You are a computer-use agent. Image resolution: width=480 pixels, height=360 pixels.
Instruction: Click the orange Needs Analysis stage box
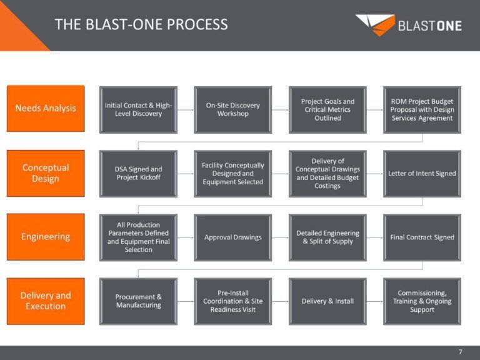(x=46, y=109)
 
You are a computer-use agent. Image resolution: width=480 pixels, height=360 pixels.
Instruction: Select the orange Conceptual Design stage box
(x=46, y=173)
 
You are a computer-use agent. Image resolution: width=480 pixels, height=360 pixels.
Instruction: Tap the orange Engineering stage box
(x=46, y=237)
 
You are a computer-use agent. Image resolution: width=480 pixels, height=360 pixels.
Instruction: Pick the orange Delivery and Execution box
(x=46, y=301)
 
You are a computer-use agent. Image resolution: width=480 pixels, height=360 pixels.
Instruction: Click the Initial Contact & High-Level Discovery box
(x=138, y=109)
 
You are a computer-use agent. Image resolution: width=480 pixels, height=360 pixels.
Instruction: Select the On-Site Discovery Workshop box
(x=232, y=109)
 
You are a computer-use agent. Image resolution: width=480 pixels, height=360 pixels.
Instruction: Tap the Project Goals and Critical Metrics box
(x=327, y=109)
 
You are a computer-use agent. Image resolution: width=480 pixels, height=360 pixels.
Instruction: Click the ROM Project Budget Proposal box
(x=422, y=109)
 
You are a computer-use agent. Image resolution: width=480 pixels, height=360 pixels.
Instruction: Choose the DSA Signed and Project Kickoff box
(x=138, y=173)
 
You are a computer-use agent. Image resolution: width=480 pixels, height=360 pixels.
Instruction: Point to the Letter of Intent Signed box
(x=422, y=173)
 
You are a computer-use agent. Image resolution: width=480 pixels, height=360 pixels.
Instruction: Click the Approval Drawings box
(x=232, y=237)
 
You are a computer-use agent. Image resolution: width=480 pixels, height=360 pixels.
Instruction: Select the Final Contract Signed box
(x=422, y=237)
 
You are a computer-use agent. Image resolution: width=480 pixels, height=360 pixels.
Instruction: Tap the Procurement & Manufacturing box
(x=138, y=301)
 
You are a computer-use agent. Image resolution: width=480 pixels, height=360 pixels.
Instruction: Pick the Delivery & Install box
(x=327, y=301)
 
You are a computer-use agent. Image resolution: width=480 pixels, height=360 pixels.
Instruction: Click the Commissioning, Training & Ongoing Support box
(x=422, y=301)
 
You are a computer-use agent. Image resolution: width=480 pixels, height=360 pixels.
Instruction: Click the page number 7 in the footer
(x=460, y=352)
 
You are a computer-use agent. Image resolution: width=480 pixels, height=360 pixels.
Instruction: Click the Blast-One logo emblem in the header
(x=375, y=25)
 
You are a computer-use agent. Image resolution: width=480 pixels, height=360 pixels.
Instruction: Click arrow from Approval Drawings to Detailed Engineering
(x=280, y=237)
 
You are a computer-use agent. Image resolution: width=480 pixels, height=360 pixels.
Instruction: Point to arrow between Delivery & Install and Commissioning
(x=375, y=301)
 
